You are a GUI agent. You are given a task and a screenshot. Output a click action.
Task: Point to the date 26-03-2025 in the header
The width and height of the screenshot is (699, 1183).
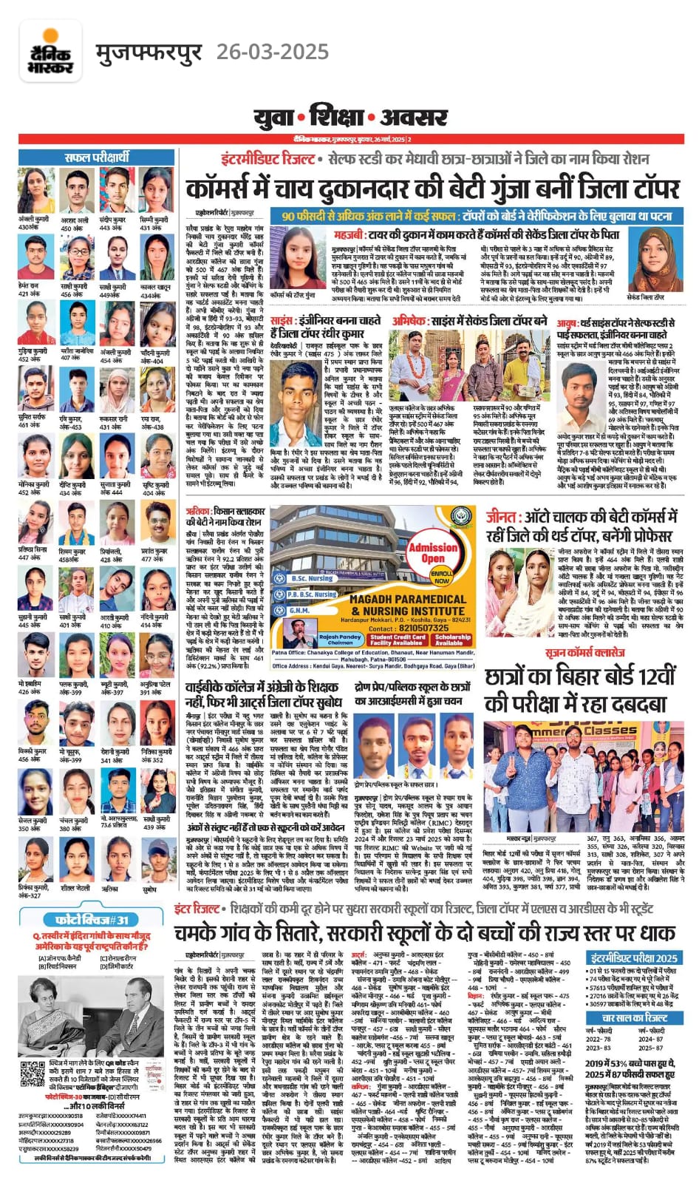pos(272,52)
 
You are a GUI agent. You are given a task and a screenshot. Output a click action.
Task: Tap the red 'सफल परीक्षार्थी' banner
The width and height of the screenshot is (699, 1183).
pos(97,157)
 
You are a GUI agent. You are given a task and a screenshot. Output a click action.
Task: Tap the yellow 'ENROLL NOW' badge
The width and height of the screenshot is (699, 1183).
pos(442,577)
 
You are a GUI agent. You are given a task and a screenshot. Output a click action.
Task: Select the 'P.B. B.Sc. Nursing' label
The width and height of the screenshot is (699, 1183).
pos(312,594)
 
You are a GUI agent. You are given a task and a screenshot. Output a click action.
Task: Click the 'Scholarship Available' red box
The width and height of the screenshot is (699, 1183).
pos(453,640)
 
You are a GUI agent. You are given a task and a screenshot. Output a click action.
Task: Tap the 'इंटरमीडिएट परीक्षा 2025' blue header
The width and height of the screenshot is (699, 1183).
pos(634,957)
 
